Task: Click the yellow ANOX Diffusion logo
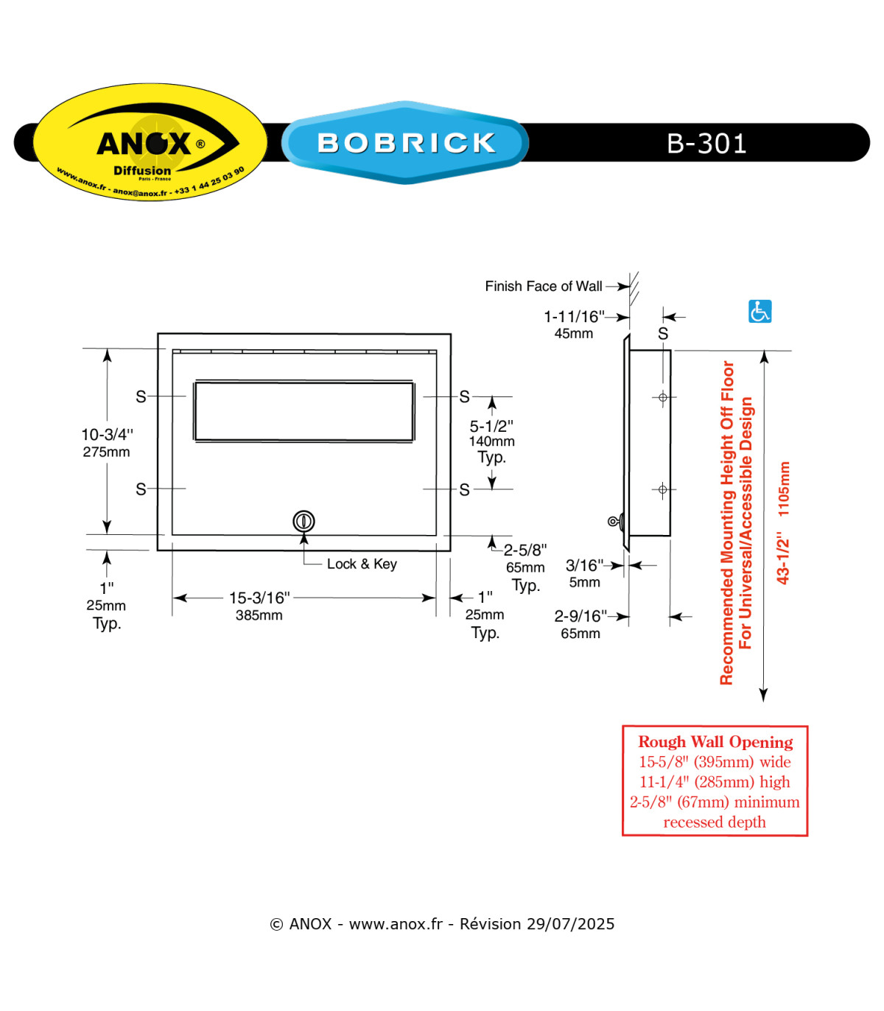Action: click(x=150, y=141)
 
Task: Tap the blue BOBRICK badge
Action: click(x=405, y=142)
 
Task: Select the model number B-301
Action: click(x=706, y=144)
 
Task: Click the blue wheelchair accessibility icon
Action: click(x=760, y=311)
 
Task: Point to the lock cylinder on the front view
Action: click(x=304, y=521)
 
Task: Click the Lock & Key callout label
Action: click(x=362, y=564)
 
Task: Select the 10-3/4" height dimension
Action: click(x=107, y=434)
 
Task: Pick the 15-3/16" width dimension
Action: click(x=259, y=598)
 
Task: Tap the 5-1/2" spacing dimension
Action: click(x=491, y=425)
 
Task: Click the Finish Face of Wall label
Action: click(x=543, y=286)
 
